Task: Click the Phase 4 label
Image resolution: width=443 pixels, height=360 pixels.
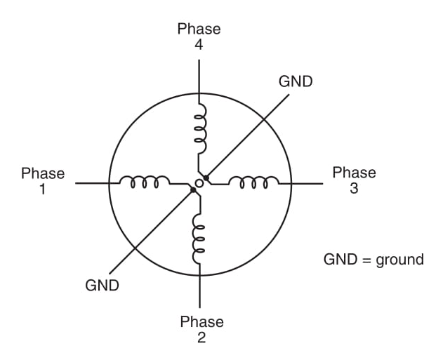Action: pos(199,36)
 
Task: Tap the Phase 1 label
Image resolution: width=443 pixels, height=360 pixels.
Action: pos(43,181)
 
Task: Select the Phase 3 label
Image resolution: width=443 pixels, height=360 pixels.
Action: pos(354,180)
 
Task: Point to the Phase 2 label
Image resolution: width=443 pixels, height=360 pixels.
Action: pos(201,329)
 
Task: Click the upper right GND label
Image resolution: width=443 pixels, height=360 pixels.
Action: pos(296,81)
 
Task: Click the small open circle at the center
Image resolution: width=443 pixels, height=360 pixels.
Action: pos(199,183)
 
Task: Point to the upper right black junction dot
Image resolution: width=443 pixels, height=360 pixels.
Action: pos(206,178)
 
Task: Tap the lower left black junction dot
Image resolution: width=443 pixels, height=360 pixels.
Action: pos(192,189)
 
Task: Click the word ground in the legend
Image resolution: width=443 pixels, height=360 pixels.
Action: pos(398,260)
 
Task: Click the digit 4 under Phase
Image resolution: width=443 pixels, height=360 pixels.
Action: pos(199,44)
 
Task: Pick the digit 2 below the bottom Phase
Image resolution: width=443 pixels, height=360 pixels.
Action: pos(201,338)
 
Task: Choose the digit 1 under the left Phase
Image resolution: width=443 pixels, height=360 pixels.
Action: pos(43,189)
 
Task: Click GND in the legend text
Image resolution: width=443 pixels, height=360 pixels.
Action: pos(338,260)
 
